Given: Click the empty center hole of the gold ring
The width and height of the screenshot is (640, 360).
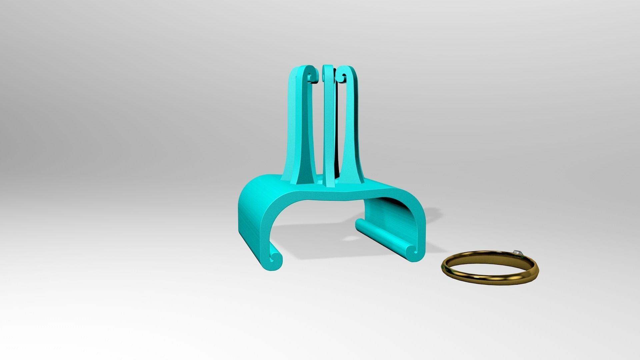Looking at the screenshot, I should pyautogui.click(x=488, y=265).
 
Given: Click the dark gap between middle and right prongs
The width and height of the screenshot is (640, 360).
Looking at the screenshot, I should pyautogui.click(x=337, y=133).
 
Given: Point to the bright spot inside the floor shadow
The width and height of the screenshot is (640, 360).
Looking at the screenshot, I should pyautogui.click(x=350, y=239).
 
